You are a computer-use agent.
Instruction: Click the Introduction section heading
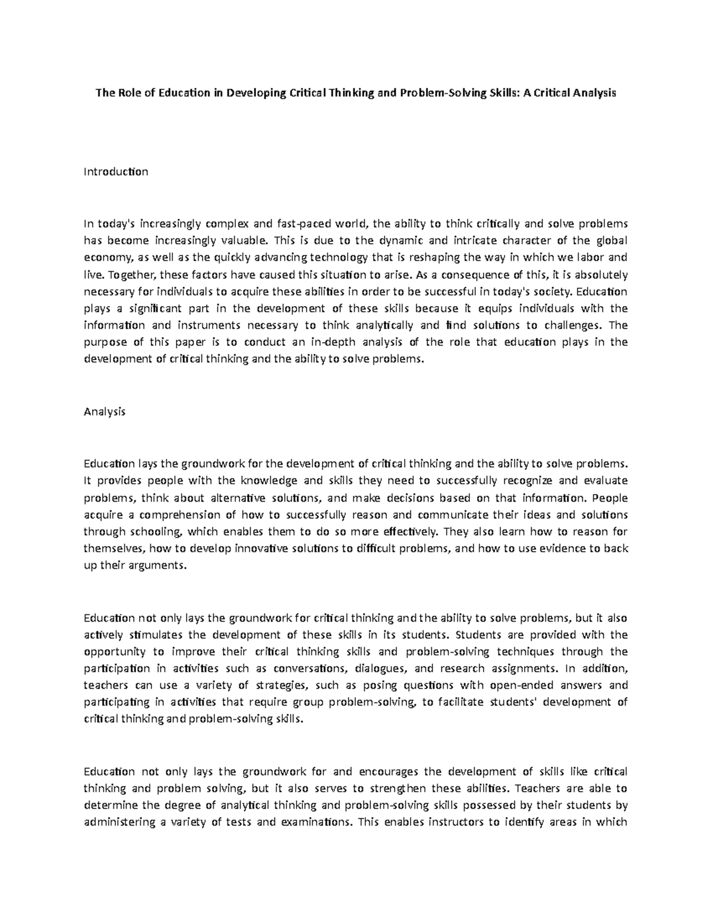(116, 172)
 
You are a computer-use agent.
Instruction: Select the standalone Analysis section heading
(105, 411)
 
